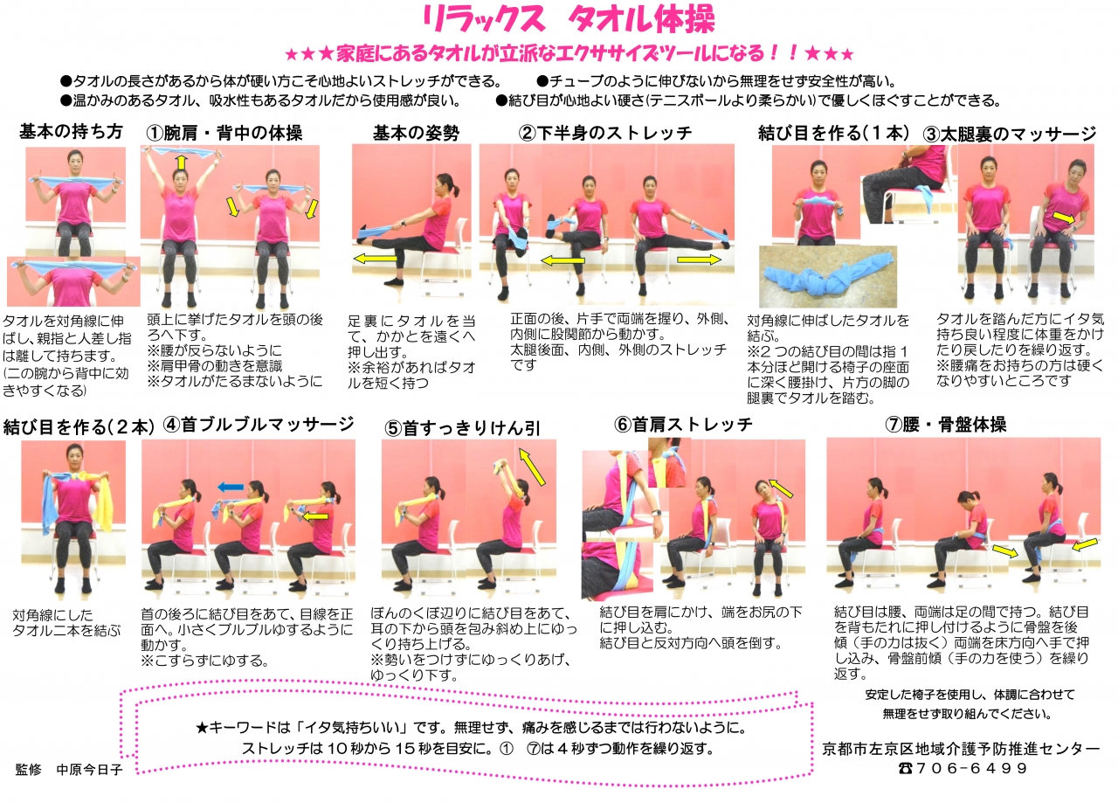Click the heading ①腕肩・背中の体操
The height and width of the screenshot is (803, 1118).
pyautogui.click(x=224, y=134)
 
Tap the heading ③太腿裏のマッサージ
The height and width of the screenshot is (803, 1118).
pyautogui.click(x=1009, y=134)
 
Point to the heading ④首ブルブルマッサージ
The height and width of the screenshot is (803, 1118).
pyautogui.click(x=259, y=425)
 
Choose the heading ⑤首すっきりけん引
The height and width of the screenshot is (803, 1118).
pyautogui.click(x=462, y=427)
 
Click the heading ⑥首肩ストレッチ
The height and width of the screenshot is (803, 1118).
pyautogui.click(x=684, y=425)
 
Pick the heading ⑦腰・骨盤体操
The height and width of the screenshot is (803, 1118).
pyautogui.click(x=945, y=425)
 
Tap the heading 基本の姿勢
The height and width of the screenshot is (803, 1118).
pyautogui.click(x=416, y=133)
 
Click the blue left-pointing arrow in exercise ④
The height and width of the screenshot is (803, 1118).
pyautogui.click(x=231, y=486)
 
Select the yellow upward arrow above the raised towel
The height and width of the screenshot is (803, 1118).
pyautogui.click(x=181, y=162)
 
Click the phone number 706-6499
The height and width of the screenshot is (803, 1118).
pyautogui.click(x=970, y=769)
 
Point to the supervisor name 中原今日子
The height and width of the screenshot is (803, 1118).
pyautogui.click(x=89, y=770)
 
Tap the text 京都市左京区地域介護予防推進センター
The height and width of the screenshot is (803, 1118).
pyautogui.click(x=962, y=749)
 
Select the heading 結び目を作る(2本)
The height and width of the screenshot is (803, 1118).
pyautogui.click(x=79, y=426)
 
